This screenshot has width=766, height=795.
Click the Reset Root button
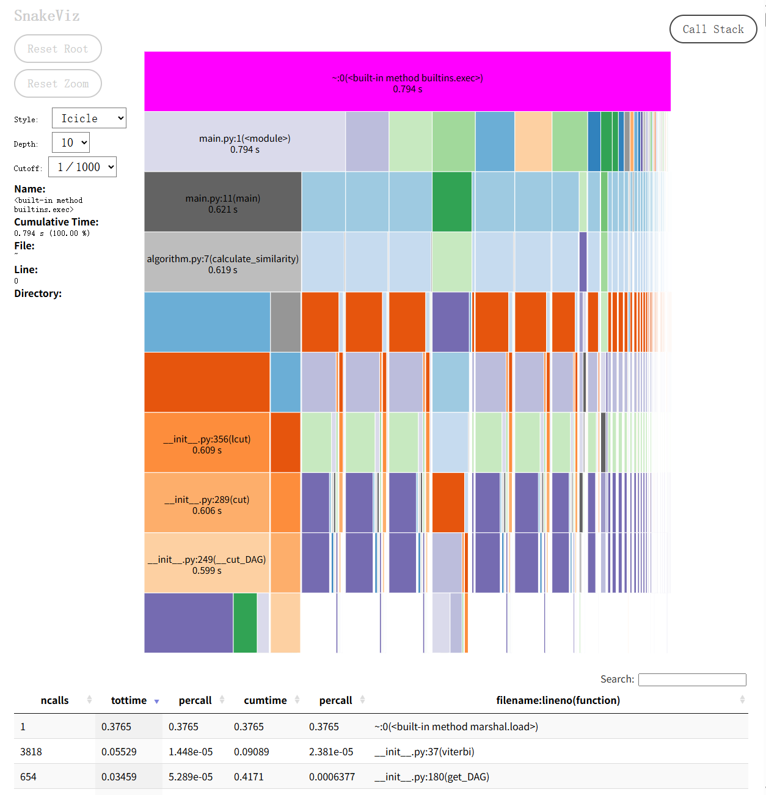(x=58, y=49)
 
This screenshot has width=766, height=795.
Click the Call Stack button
(x=713, y=29)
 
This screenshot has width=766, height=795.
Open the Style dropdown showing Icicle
(x=89, y=119)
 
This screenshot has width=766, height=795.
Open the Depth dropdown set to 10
(x=71, y=143)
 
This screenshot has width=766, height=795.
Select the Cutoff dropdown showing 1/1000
(x=82, y=167)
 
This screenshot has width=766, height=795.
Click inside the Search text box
(x=692, y=680)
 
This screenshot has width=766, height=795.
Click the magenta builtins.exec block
(x=407, y=82)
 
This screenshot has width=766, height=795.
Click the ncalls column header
(x=55, y=700)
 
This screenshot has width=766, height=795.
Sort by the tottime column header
(x=129, y=700)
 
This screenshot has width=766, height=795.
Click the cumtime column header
(x=265, y=700)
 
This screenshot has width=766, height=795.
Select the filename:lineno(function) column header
(x=558, y=700)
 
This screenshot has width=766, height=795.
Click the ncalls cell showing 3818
(x=31, y=752)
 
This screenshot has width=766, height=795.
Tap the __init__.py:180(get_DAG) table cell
(x=432, y=777)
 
